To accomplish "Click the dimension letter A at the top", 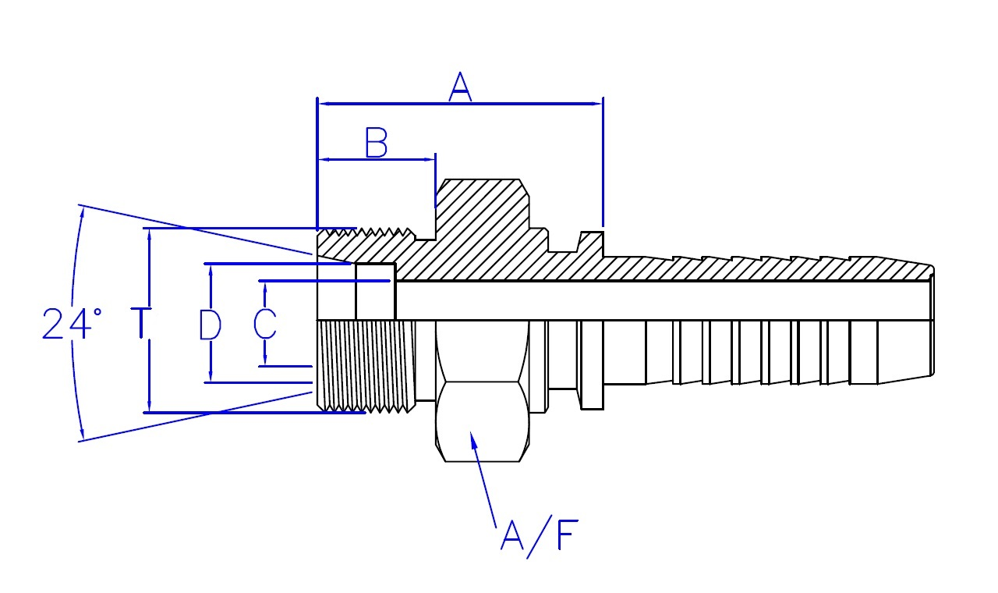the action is click(x=460, y=87).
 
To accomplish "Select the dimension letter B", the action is click(x=376, y=143).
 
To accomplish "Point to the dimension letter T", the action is click(x=141, y=322).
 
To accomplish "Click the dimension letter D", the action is click(x=210, y=325).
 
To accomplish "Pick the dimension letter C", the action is click(x=264, y=324).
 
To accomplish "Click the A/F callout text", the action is click(x=540, y=537).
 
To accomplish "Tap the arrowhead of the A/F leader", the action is click(x=473, y=439).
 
